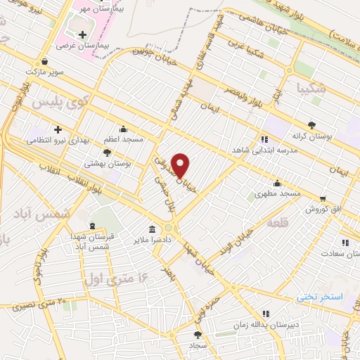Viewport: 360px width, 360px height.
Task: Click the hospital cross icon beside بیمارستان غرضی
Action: (83, 34)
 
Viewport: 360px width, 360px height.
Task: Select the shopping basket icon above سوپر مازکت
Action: (45, 61)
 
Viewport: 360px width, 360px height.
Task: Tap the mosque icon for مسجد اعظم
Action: (124, 129)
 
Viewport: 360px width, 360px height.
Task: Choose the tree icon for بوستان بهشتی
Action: (107, 152)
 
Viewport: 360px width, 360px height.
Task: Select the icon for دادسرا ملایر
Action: (153, 229)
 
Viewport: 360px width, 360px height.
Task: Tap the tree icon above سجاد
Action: (197, 335)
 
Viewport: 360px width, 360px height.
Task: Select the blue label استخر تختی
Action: (319, 297)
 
